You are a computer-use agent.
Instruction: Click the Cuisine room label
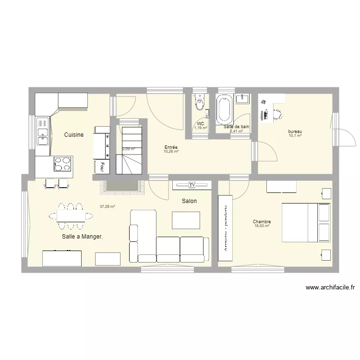(74, 135)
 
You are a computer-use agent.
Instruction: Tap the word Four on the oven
(102, 167)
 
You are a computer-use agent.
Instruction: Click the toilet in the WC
(199, 102)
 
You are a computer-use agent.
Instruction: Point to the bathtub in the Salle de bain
(224, 109)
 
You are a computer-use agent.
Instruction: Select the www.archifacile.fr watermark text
(330, 288)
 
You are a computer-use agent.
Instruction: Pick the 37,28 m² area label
(107, 207)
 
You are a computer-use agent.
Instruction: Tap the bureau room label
(295, 132)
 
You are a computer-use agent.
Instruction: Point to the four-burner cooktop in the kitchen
(62, 164)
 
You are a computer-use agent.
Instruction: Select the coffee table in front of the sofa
(186, 220)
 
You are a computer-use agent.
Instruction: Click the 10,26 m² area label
(171, 152)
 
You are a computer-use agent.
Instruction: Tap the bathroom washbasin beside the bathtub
(242, 99)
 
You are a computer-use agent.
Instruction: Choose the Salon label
(189, 201)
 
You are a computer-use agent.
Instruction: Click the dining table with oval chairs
(71, 216)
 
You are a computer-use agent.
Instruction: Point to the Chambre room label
(262, 222)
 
